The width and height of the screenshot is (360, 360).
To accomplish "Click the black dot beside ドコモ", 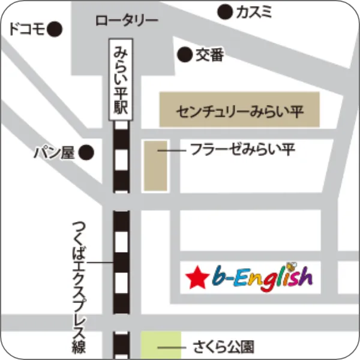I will pos(56,28).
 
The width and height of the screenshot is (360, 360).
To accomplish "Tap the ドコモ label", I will pos(27,29).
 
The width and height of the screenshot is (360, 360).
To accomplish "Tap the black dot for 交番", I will pos(184,55).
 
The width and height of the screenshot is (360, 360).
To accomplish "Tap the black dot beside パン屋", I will pos(88,153).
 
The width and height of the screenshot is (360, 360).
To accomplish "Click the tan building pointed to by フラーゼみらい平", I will pos(155,166).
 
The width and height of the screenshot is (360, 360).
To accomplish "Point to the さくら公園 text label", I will pos(224,347).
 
